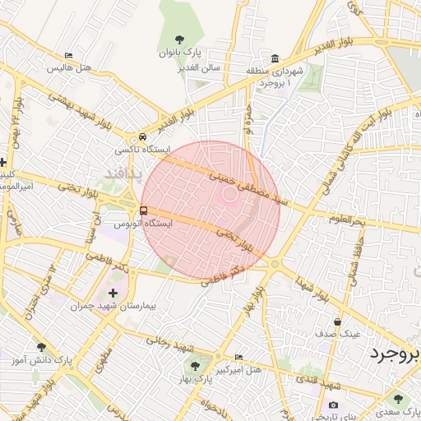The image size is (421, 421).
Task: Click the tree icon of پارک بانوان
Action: click(x=180, y=39)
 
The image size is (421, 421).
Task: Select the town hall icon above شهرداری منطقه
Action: click(x=275, y=59)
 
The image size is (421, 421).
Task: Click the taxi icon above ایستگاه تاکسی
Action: click(x=143, y=137)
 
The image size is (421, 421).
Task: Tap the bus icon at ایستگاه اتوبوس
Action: click(x=145, y=210)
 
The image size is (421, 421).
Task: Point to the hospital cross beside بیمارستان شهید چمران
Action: click(x=113, y=293)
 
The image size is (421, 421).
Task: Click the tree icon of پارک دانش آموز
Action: click(x=41, y=348)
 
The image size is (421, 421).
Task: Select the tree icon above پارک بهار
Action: click(x=195, y=367)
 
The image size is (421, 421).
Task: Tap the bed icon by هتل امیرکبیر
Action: click(x=238, y=358)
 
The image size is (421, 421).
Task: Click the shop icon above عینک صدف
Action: click(x=337, y=322)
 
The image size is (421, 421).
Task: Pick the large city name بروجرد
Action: click(x=393, y=355)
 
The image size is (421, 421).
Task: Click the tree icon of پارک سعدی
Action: click(x=398, y=399)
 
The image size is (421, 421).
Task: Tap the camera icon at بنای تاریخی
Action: click(x=333, y=405)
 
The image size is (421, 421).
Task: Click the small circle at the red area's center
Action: click(x=228, y=194)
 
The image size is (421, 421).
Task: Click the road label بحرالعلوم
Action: click(x=345, y=220)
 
